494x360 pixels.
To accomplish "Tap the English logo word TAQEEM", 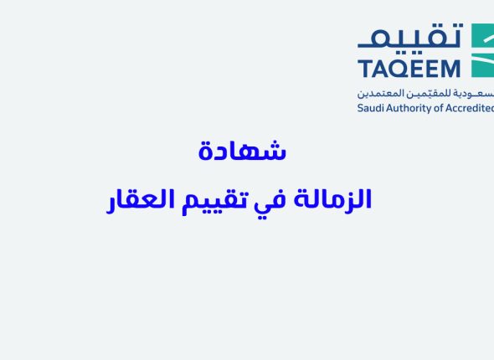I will point(410,68).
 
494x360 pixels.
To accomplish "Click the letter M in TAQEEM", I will point(451,68).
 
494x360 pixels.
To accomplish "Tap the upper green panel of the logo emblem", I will point(484,37).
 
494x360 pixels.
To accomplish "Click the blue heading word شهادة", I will point(242,152).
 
